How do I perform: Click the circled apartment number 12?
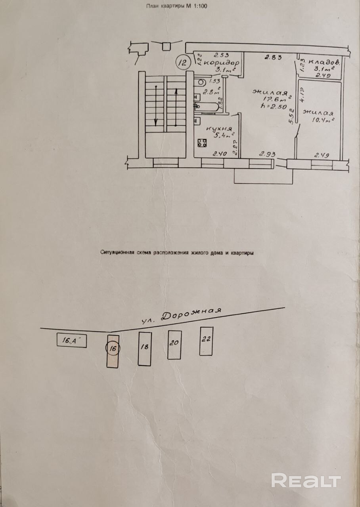point(183,62)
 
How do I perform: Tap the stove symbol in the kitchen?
point(201,143)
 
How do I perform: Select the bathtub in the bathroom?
point(206,106)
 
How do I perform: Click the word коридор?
point(224,63)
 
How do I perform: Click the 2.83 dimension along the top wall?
point(273,57)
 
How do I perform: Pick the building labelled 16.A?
point(71,340)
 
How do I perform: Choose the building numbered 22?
point(206,341)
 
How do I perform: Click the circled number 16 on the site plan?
point(113,349)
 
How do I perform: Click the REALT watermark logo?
point(306,480)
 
